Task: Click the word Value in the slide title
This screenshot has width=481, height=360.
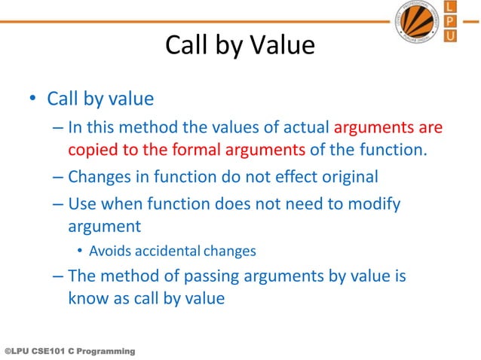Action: [278, 46]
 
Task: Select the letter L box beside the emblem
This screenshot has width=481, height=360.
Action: [451, 8]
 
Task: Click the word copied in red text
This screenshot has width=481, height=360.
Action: [91, 149]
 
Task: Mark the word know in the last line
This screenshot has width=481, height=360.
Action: [87, 298]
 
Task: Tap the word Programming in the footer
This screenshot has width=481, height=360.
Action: [106, 352]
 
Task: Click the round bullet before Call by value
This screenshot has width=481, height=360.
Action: [32, 99]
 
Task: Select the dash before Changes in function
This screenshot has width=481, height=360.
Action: [59, 178]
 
